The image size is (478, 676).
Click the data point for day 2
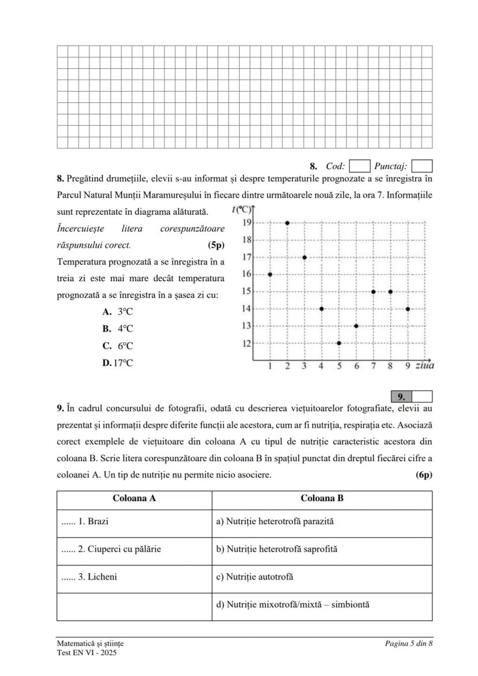coord(287,222)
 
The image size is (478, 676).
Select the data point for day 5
coord(339,343)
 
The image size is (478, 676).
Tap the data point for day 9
coord(408,309)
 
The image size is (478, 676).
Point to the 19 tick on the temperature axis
coord(246,222)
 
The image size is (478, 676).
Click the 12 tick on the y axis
coord(246,343)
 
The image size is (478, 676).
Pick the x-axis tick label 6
coord(356,366)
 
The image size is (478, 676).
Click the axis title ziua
coord(425,365)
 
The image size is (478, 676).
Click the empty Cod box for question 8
coord(360,166)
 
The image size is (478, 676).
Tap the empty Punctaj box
coord(422,166)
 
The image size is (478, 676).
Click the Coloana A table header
coord(134,499)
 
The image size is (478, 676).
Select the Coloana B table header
coord(322,499)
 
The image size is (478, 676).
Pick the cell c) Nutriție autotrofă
coord(255,577)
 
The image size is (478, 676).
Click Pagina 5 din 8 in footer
coord(409,643)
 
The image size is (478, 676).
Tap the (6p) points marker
coord(424,475)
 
